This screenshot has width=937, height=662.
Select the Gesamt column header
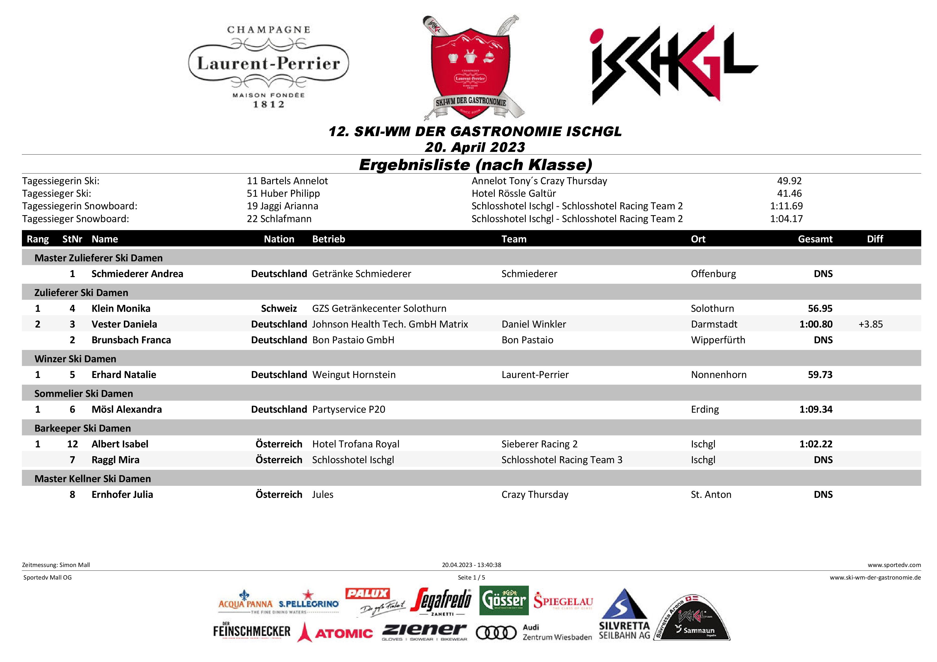click(x=815, y=239)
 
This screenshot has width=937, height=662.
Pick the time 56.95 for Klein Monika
click(x=820, y=308)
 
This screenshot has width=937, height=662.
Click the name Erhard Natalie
click(x=124, y=375)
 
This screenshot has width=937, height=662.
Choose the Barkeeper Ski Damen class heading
click(x=83, y=428)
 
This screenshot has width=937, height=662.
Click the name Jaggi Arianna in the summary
click(x=282, y=206)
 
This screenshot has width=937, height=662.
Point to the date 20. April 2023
click(x=475, y=147)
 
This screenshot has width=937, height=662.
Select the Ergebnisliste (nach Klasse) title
click(x=475, y=165)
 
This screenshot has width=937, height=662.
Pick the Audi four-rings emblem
click(x=496, y=633)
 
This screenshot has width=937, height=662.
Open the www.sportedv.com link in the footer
click(x=894, y=565)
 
